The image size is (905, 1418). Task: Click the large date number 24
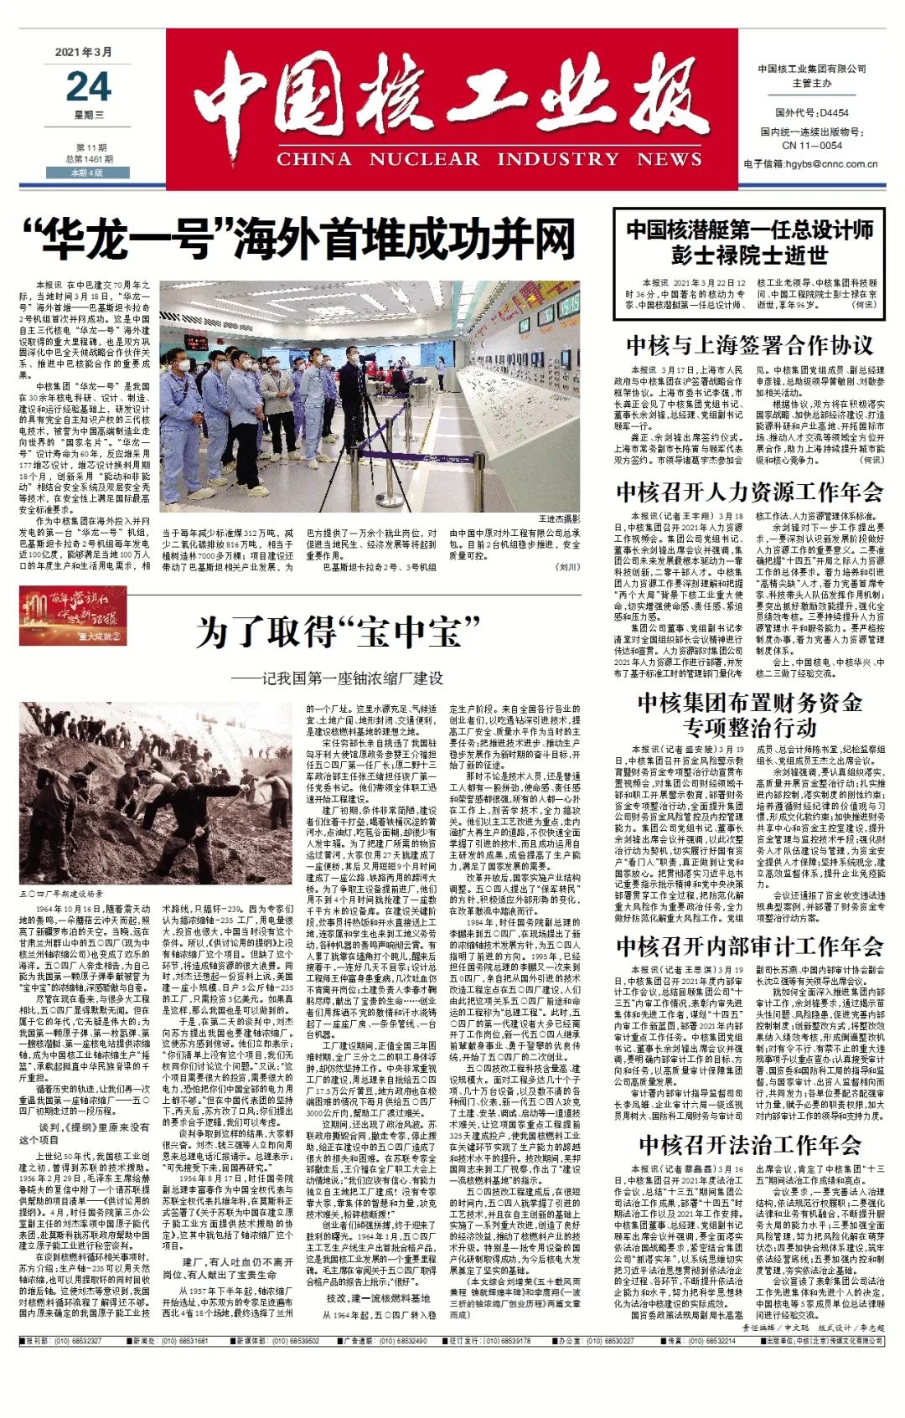coord(88,86)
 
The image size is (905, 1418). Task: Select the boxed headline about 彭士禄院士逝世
coord(749,242)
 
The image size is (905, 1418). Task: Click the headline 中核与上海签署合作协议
coord(749,345)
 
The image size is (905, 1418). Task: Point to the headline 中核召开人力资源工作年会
coord(749,491)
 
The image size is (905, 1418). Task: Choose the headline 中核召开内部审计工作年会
coord(749,946)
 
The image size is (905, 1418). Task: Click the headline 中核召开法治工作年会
coord(749,1144)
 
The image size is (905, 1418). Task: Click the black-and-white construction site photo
coord(155,792)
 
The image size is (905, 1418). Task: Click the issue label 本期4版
coord(87,173)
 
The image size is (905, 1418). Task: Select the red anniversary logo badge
coord(74,615)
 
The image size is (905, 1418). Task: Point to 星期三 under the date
coord(89,116)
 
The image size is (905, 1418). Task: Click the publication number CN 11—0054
coord(811,145)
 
